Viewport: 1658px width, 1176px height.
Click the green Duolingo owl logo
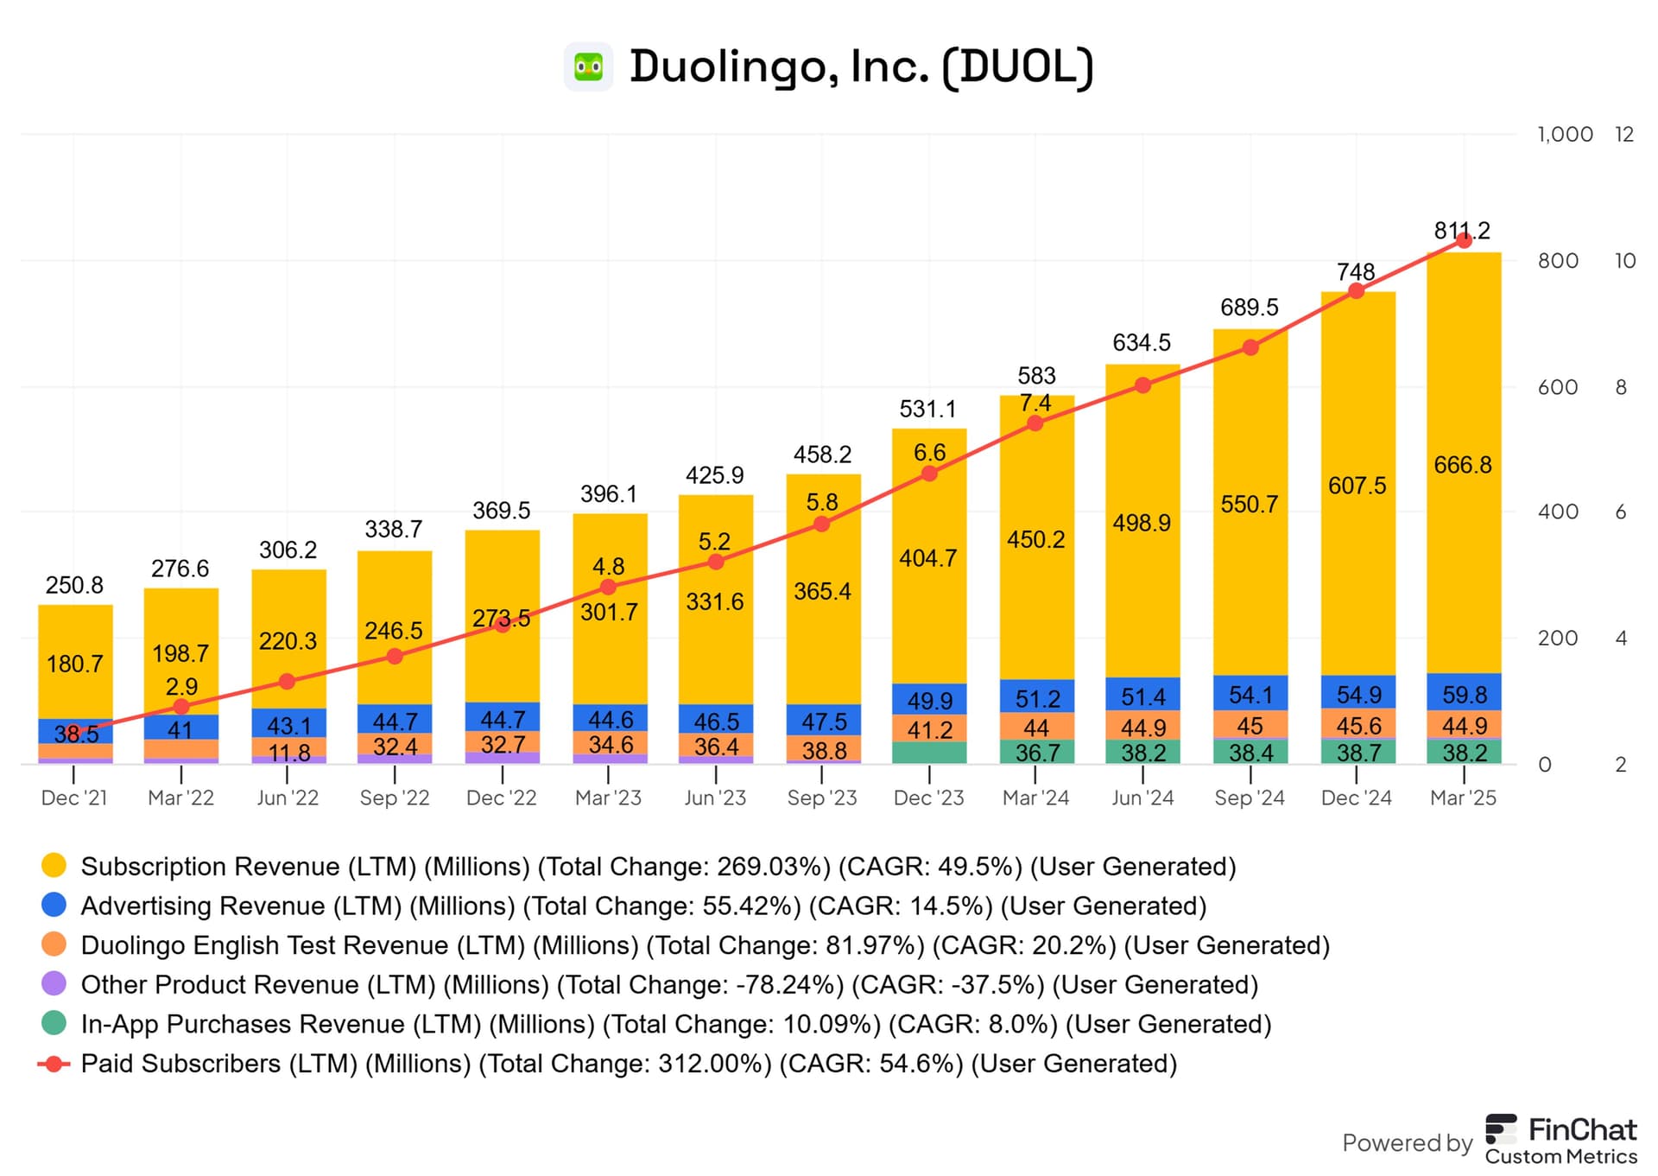[588, 67]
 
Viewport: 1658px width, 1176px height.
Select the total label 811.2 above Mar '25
[1462, 231]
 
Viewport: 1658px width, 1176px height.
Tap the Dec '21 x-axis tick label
[74, 798]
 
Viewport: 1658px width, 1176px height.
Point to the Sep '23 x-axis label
[821, 798]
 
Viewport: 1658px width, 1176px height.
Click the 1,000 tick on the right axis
[1565, 135]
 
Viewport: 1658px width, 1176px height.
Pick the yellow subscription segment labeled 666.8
[1463, 465]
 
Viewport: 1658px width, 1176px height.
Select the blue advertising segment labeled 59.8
[1464, 694]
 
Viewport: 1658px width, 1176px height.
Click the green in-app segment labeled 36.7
[1036, 753]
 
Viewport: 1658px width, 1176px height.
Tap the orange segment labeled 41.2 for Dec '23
[929, 730]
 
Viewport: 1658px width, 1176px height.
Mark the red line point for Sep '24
[1250, 347]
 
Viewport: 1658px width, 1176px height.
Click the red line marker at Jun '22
[288, 681]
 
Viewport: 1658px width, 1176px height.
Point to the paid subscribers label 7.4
[1035, 403]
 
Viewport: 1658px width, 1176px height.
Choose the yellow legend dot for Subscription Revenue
[54, 866]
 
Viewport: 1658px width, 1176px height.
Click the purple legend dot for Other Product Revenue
[54, 984]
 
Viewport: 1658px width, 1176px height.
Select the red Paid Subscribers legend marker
[54, 1064]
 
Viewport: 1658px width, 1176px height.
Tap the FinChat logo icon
[1501, 1129]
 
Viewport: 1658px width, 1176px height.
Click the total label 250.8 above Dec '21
[74, 585]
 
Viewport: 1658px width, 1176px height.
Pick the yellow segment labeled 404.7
[928, 558]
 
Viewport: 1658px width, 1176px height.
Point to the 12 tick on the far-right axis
[1624, 135]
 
